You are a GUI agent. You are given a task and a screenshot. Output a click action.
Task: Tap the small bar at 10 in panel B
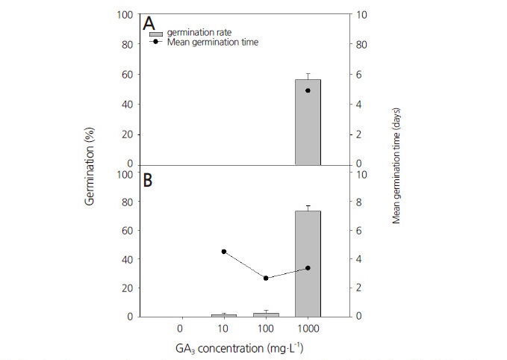[223, 314]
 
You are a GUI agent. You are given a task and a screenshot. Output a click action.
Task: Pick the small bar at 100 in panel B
[266, 314]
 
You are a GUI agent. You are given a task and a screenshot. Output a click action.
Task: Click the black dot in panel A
[308, 90]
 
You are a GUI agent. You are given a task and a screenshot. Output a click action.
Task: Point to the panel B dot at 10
[223, 252]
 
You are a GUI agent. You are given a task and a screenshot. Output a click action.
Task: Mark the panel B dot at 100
[266, 278]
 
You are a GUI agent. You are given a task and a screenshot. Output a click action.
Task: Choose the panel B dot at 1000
[308, 268]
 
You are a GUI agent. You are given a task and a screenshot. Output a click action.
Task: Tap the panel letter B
[149, 181]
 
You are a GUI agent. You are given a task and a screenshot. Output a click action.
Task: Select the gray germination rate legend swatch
[155, 34]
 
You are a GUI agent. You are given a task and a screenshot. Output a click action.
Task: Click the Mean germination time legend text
[213, 43]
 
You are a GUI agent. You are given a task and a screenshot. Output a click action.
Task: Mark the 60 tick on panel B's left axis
[128, 231]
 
